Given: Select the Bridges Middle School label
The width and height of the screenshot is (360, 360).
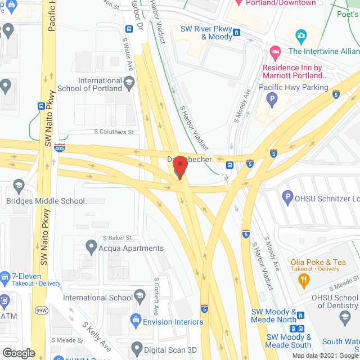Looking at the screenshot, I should point(46,201).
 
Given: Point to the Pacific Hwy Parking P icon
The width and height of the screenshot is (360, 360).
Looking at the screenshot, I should point(272,101).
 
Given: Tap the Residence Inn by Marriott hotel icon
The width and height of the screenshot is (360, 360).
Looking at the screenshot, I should point(275,53).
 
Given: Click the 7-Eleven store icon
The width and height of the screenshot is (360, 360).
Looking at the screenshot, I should point(5,277).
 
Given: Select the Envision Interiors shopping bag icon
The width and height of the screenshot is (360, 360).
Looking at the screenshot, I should point(135,320).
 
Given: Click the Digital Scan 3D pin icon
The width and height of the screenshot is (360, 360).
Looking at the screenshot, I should point(136,348).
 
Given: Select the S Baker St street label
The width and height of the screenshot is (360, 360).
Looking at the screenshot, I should point(113,237).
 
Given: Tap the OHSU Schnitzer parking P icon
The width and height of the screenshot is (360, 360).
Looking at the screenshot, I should point(287,197).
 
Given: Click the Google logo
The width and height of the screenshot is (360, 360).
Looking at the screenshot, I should point(19,353).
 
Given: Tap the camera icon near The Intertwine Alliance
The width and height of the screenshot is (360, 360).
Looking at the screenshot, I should point(301,37).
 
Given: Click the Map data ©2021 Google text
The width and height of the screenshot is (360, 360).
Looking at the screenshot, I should point(328,355).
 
